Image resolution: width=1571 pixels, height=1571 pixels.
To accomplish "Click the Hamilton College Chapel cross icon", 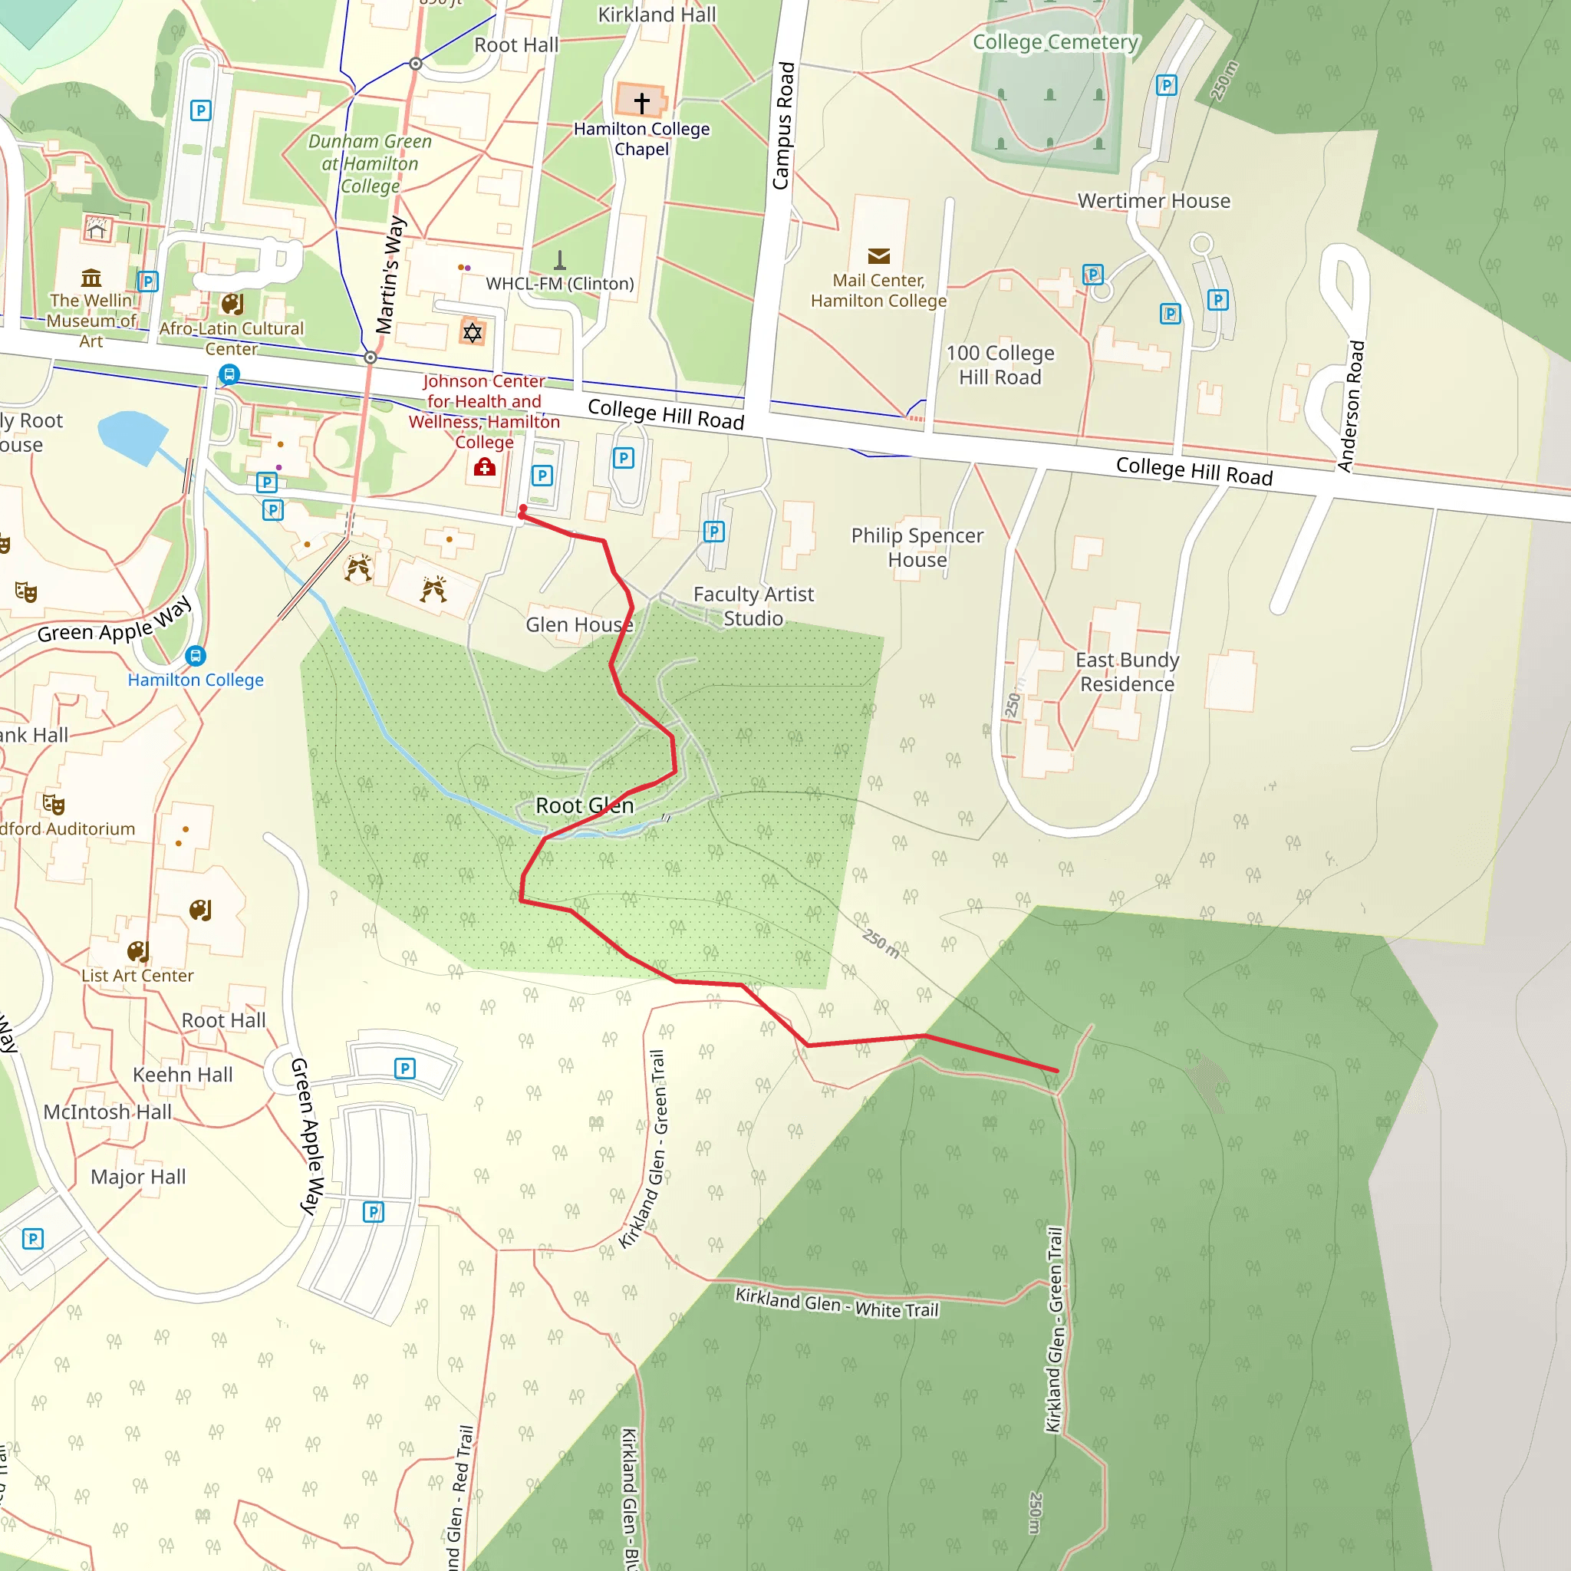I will [641, 103].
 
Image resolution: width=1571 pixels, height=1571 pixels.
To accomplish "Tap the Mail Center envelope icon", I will [878, 257].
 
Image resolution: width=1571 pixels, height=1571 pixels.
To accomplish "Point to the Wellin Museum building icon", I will [91, 278].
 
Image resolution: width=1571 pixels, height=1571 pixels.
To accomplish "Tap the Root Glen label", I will [584, 806].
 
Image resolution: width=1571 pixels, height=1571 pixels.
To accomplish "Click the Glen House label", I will [579, 624].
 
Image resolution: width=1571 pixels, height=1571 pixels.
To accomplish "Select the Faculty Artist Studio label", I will [753, 607].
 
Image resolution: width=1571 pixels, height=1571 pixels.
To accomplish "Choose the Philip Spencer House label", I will [917, 547].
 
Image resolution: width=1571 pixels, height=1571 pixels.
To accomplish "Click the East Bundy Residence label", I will [1127, 672].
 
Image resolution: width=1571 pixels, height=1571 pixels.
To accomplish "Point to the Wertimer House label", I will [1154, 201].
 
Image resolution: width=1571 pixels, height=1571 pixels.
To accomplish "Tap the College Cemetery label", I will [1056, 42].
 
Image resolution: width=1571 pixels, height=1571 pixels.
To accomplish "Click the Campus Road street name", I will [783, 126].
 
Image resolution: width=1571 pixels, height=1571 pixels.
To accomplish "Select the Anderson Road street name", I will [1352, 406].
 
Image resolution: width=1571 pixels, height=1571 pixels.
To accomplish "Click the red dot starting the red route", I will [523, 509].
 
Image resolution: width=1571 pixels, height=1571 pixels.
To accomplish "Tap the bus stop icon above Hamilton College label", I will [195, 655].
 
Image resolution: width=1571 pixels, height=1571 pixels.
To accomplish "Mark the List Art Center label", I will [137, 976].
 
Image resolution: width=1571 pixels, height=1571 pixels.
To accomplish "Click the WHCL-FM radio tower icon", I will [559, 260].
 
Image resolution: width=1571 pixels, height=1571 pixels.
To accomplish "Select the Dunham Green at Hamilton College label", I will [370, 163].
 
